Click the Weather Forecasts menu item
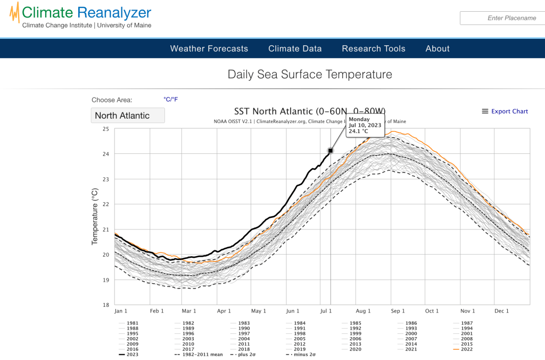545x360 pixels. tap(209, 48)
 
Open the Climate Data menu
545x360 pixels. tap(295, 48)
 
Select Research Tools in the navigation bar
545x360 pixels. tap(373, 48)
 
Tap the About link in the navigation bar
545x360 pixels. tap(437, 48)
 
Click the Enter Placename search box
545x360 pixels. tap(502, 18)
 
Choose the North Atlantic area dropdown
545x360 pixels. tap(127, 116)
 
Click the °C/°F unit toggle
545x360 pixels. tap(171, 99)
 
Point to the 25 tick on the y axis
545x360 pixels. tap(105, 129)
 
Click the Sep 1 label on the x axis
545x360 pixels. tap(398, 311)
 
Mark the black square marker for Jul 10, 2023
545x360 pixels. tap(331, 151)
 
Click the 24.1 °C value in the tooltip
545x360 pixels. tap(359, 131)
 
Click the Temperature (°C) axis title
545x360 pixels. tap(95, 216)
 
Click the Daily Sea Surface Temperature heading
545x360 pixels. tap(310, 75)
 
